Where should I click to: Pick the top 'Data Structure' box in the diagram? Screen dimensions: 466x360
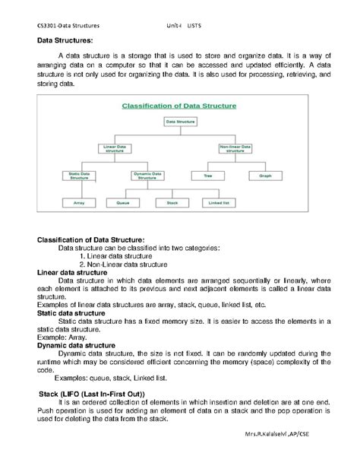coord(179,121)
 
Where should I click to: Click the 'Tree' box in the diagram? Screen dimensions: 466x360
coord(207,176)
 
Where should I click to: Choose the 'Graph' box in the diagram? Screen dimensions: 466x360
coord(265,176)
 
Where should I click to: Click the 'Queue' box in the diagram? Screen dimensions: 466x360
coord(123,203)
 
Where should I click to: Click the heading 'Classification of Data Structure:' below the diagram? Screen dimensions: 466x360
coord(90,239)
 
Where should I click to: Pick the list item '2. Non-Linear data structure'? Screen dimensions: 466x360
coord(122,264)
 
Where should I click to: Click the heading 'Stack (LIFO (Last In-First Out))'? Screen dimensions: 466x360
coord(90,394)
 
